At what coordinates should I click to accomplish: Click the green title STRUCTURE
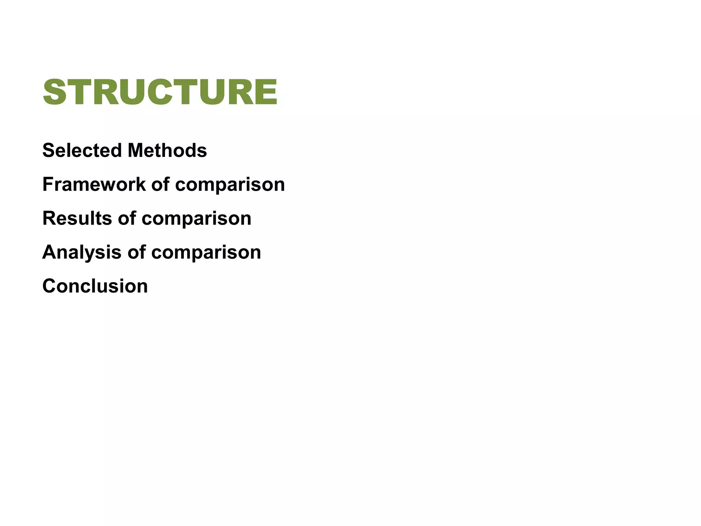click(x=160, y=92)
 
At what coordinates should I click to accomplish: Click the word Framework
click(x=94, y=184)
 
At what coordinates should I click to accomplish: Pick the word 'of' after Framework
click(x=160, y=184)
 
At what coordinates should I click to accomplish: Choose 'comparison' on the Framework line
click(x=230, y=185)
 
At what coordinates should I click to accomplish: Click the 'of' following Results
click(x=127, y=218)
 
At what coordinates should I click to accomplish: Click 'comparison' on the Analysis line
click(x=206, y=253)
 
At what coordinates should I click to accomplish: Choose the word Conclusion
click(x=95, y=286)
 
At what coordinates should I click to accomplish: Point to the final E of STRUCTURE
click(x=266, y=92)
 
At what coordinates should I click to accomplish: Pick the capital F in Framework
click(x=48, y=184)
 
